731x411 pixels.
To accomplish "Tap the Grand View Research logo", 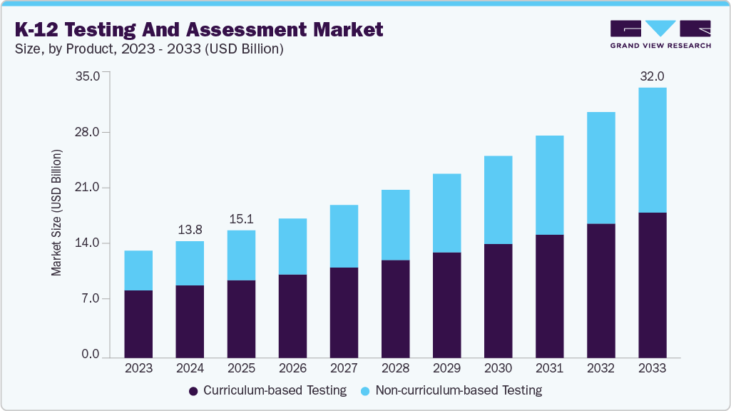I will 660,34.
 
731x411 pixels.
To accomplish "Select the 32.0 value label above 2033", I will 652,76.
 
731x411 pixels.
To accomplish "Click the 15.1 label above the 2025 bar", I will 241,218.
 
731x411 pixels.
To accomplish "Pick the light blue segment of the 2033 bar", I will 652,150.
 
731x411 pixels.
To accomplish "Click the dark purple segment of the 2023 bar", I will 138,323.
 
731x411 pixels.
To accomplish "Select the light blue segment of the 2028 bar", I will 395,225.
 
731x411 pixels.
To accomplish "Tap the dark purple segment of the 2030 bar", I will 498,300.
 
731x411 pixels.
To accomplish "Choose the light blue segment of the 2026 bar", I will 292,246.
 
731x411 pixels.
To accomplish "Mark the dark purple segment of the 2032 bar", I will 600,290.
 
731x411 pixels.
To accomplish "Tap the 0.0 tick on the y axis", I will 91,355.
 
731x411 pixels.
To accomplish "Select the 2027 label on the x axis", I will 344,369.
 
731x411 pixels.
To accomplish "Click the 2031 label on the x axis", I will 549,369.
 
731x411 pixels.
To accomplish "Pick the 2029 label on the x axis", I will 446,369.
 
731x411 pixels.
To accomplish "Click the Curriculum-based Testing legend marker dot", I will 193,391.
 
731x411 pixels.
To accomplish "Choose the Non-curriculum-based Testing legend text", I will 459,390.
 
